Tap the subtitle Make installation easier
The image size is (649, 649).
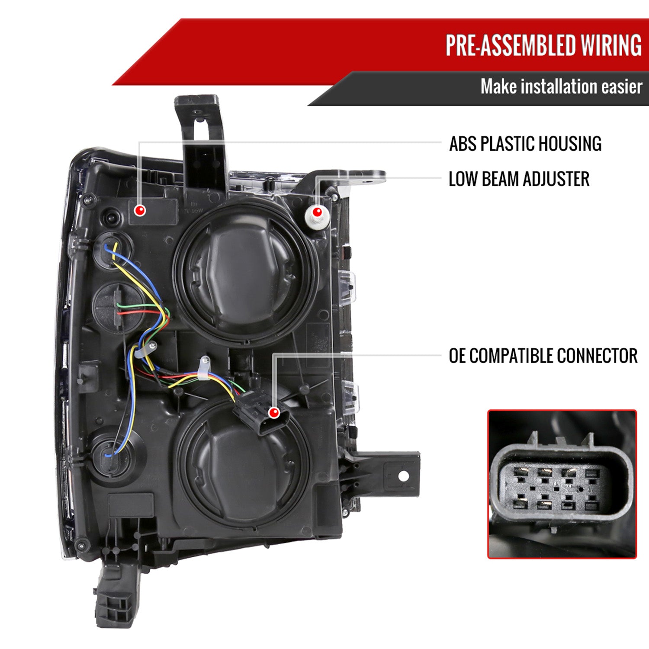[x=561, y=87]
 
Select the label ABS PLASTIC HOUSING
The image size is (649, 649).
[x=525, y=144]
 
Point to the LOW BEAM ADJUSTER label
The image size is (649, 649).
[x=519, y=179]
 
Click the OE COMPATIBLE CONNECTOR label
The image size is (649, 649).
[x=543, y=356]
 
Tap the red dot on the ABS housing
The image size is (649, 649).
[x=140, y=211]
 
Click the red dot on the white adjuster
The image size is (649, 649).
[x=317, y=212]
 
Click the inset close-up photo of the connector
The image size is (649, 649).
[x=562, y=484]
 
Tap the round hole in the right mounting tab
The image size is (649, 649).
[x=403, y=476]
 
